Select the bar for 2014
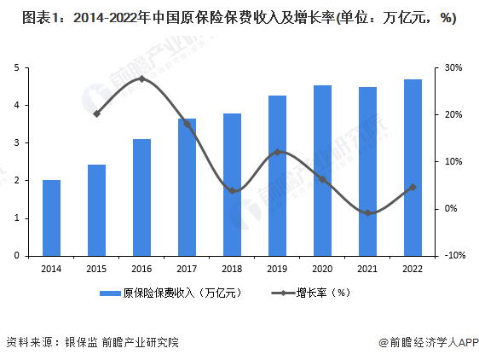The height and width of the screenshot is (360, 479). tap(51, 218)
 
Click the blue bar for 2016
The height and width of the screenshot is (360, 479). tap(141, 197)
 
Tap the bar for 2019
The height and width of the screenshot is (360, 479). tap(277, 175)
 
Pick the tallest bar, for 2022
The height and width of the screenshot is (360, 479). tap(413, 167)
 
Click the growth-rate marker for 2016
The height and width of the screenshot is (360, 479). tap(141, 78)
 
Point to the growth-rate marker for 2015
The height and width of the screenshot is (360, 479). tap(96, 113)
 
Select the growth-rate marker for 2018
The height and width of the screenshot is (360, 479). tap(232, 190)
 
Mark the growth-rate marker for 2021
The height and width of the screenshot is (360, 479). tap(367, 212)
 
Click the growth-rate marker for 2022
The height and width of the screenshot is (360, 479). tap(413, 187)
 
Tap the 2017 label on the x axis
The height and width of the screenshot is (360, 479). tap(187, 267)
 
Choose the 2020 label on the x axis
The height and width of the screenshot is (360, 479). tap(322, 267)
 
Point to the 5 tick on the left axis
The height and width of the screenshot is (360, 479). tap(16, 67)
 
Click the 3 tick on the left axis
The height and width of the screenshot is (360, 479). tap(16, 142)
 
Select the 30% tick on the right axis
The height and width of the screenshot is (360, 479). tap(453, 67)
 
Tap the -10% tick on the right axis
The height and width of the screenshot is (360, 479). tap(453, 255)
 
